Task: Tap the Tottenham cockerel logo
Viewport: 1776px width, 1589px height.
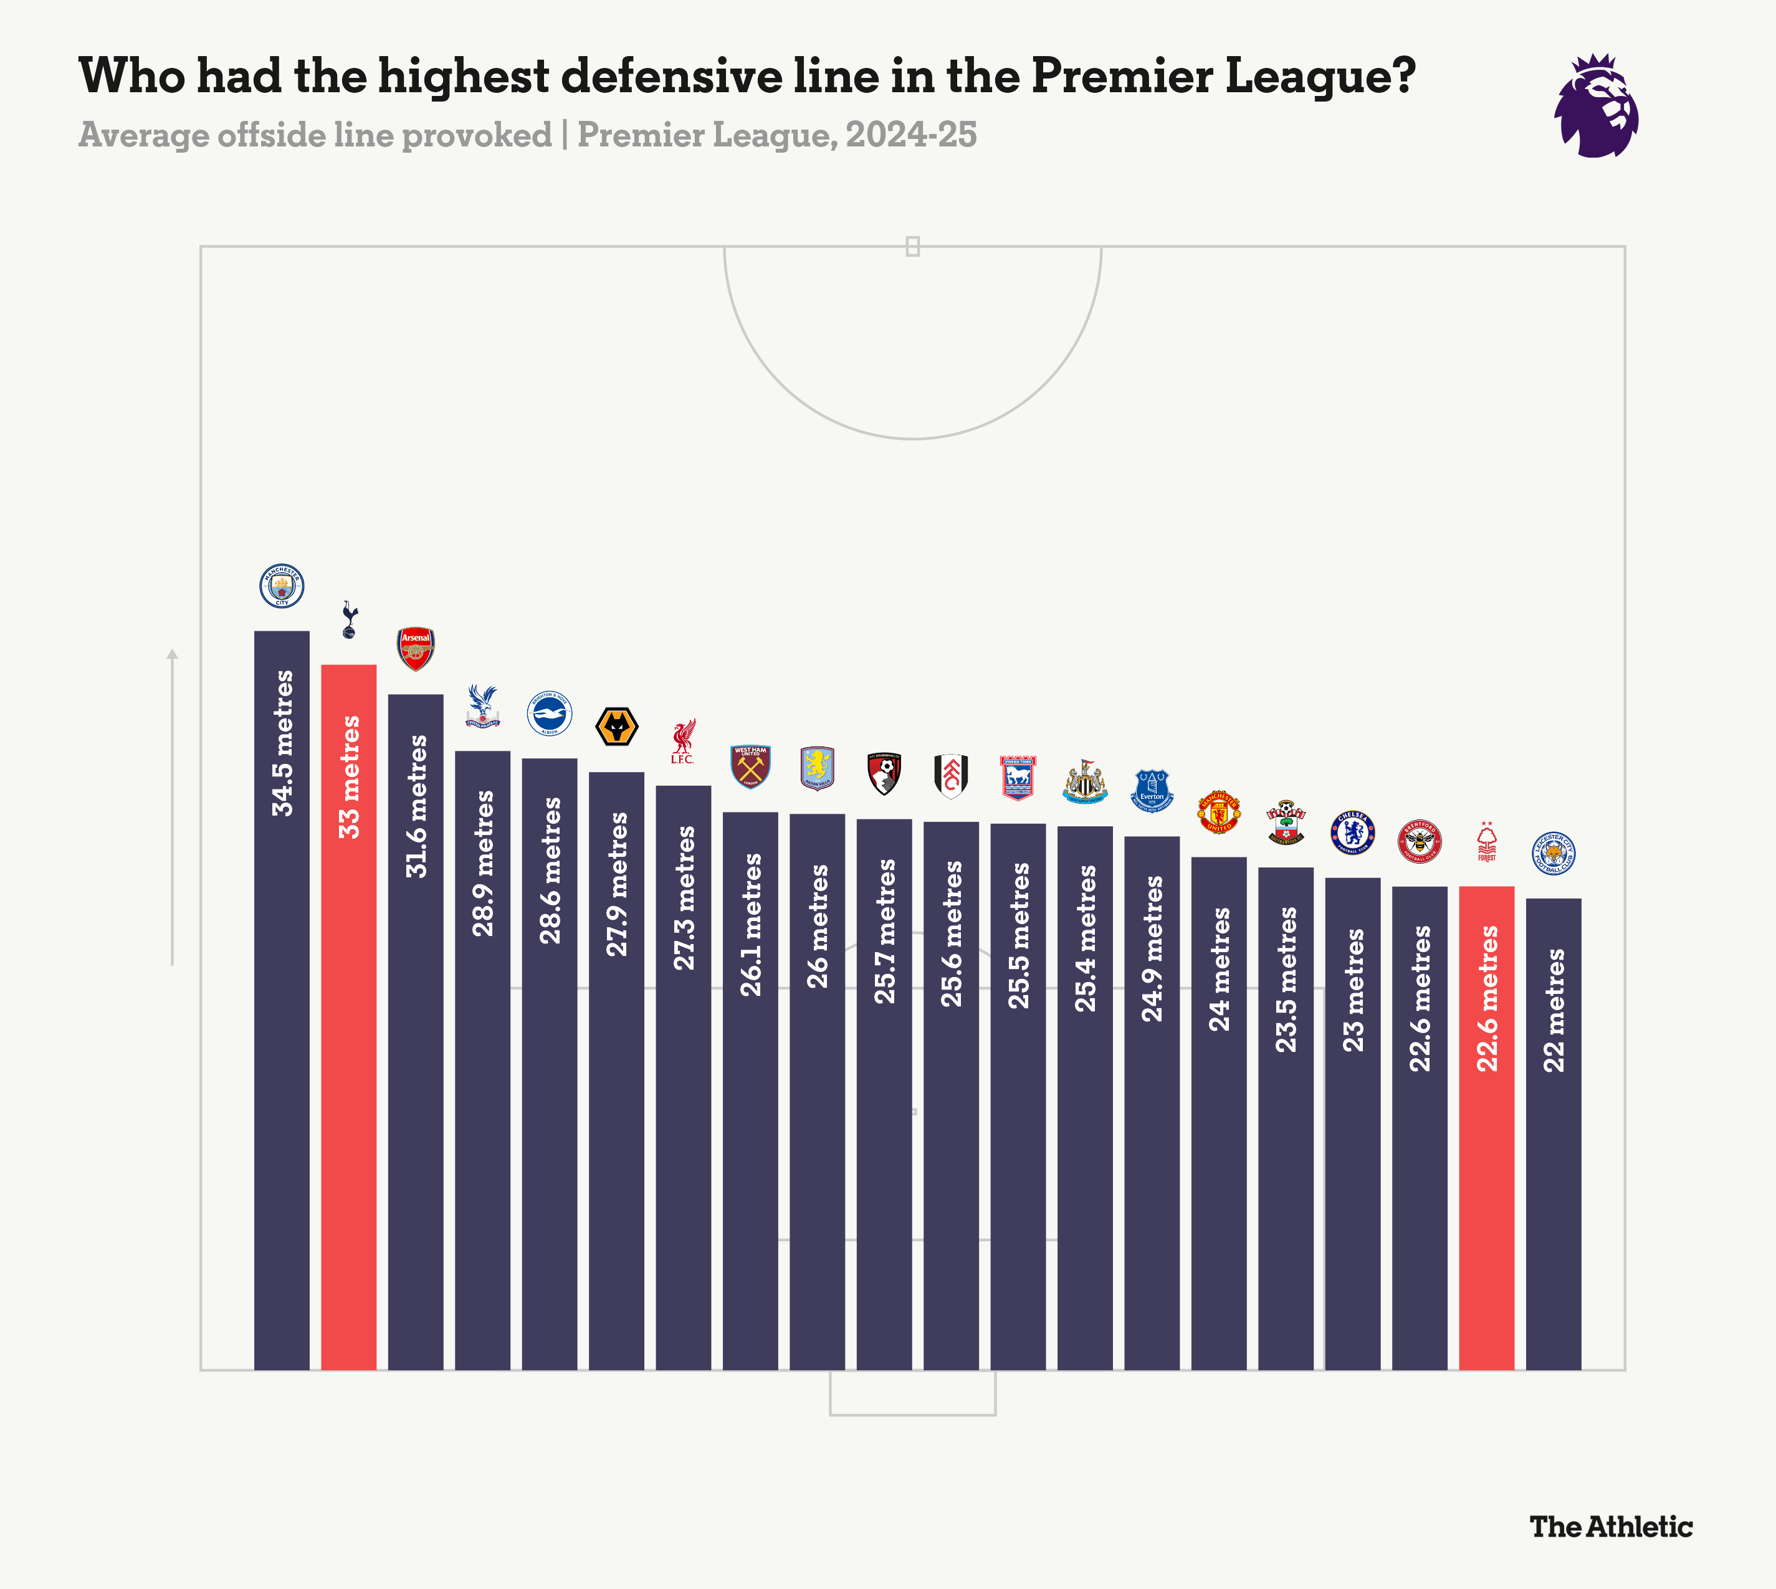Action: click(349, 620)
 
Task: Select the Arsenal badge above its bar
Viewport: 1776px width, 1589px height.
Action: click(416, 648)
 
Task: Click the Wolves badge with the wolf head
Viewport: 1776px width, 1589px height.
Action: click(616, 727)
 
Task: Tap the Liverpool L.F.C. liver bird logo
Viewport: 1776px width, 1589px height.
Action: click(683, 742)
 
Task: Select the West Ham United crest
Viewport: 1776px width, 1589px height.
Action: click(750, 766)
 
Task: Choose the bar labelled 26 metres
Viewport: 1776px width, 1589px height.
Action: click(818, 1091)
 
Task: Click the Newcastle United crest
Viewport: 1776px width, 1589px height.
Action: click(1086, 781)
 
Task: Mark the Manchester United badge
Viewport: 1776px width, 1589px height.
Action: click(1219, 812)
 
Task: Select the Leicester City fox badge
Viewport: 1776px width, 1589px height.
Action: click(1554, 854)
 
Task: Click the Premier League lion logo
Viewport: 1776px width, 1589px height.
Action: click(1596, 107)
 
